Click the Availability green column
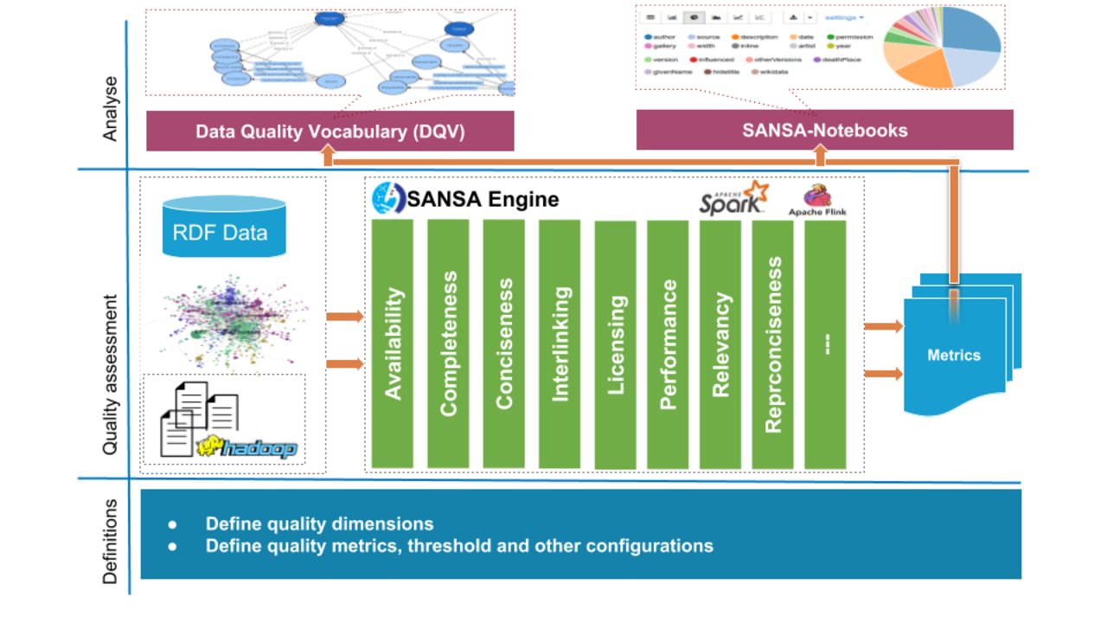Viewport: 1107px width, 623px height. (x=393, y=344)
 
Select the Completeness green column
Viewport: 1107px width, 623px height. (x=448, y=344)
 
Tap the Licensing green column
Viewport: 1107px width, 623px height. (x=615, y=345)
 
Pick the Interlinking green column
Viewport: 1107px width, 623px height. (x=560, y=344)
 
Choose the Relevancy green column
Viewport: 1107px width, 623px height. (x=721, y=345)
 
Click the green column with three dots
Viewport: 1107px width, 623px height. (x=825, y=345)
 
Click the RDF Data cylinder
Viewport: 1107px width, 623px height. (x=224, y=227)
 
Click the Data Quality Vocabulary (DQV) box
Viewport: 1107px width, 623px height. (x=330, y=131)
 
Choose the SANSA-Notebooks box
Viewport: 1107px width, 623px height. (x=824, y=131)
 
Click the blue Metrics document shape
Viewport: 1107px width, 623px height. (x=954, y=355)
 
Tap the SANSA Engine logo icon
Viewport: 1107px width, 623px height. (x=388, y=198)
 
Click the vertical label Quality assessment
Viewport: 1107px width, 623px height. (x=111, y=375)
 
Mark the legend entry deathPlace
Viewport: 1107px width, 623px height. (x=842, y=60)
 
